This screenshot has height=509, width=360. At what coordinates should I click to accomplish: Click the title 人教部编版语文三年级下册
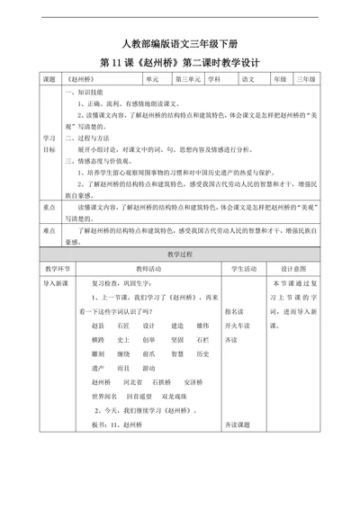(x=180, y=44)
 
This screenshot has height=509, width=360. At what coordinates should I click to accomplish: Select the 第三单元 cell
(x=188, y=79)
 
